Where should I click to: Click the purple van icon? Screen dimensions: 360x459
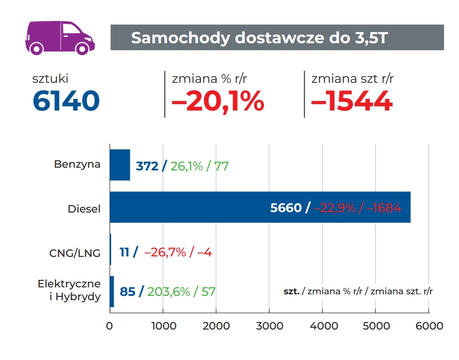[59, 37]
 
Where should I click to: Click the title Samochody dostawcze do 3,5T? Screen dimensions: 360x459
[259, 38]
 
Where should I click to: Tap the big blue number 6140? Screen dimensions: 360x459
[66, 100]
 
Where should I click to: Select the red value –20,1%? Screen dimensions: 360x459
[218, 100]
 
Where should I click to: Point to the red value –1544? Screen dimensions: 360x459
[352, 100]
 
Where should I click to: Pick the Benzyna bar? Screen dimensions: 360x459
[120, 165]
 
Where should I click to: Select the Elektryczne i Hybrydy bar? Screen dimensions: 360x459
[112, 292]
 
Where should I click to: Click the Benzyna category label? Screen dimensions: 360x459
[77, 165]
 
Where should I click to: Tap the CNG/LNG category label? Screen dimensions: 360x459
[75, 253]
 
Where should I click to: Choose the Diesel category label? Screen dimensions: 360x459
[84, 209]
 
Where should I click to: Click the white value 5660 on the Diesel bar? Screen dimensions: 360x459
[286, 208]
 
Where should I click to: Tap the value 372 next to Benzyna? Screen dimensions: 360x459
[147, 166]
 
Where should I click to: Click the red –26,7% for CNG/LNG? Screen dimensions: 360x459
[165, 252]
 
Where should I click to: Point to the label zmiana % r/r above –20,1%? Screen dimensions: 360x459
[209, 79]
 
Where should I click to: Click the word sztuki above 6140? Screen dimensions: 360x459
[50, 79]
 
